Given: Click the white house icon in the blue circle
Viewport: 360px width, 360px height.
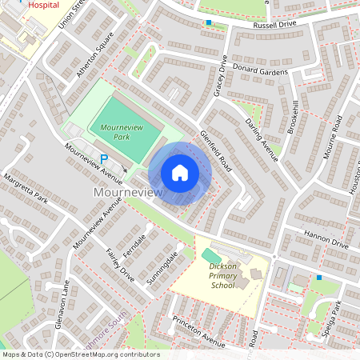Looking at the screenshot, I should pyautogui.click(x=180, y=172).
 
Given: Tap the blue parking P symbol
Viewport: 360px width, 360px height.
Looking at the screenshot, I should pyautogui.click(x=104, y=158).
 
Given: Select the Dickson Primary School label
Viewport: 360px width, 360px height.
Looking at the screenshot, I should pyautogui.click(x=223, y=276).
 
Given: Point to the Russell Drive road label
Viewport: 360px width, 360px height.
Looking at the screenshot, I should pyautogui.click(x=252, y=25).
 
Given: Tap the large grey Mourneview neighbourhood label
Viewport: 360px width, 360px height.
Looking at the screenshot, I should pyautogui.click(x=128, y=193).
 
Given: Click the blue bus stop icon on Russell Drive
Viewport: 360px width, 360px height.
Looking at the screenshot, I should pyautogui.click(x=209, y=22).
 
